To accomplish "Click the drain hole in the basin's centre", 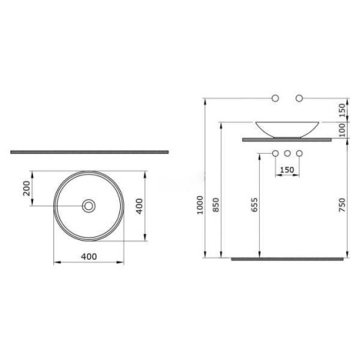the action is (89, 206).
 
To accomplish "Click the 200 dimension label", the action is (26, 188).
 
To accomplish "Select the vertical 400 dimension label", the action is (139, 206).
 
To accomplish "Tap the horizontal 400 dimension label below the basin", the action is (89, 257).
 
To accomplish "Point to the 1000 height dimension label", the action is (200, 205).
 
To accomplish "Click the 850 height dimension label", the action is (216, 205).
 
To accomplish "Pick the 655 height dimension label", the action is (254, 205).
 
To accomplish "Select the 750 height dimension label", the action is (342, 205).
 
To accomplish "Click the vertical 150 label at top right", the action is (342, 110).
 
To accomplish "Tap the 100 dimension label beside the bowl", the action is (342, 130).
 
